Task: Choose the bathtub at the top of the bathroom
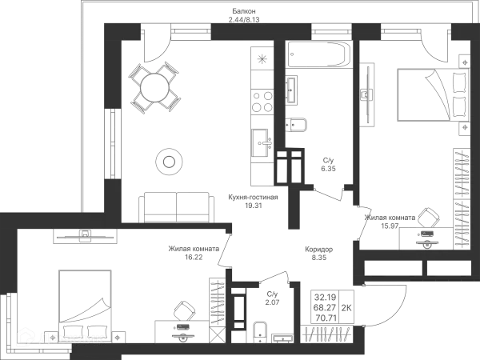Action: click(319, 54)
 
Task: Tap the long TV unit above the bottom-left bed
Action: click(84, 235)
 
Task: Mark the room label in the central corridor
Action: click(316, 253)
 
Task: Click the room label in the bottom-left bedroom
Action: click(192, 252)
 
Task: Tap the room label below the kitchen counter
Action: click(252, 200)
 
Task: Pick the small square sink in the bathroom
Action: click(298, 124)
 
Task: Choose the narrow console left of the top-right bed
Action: click(369, 92)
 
